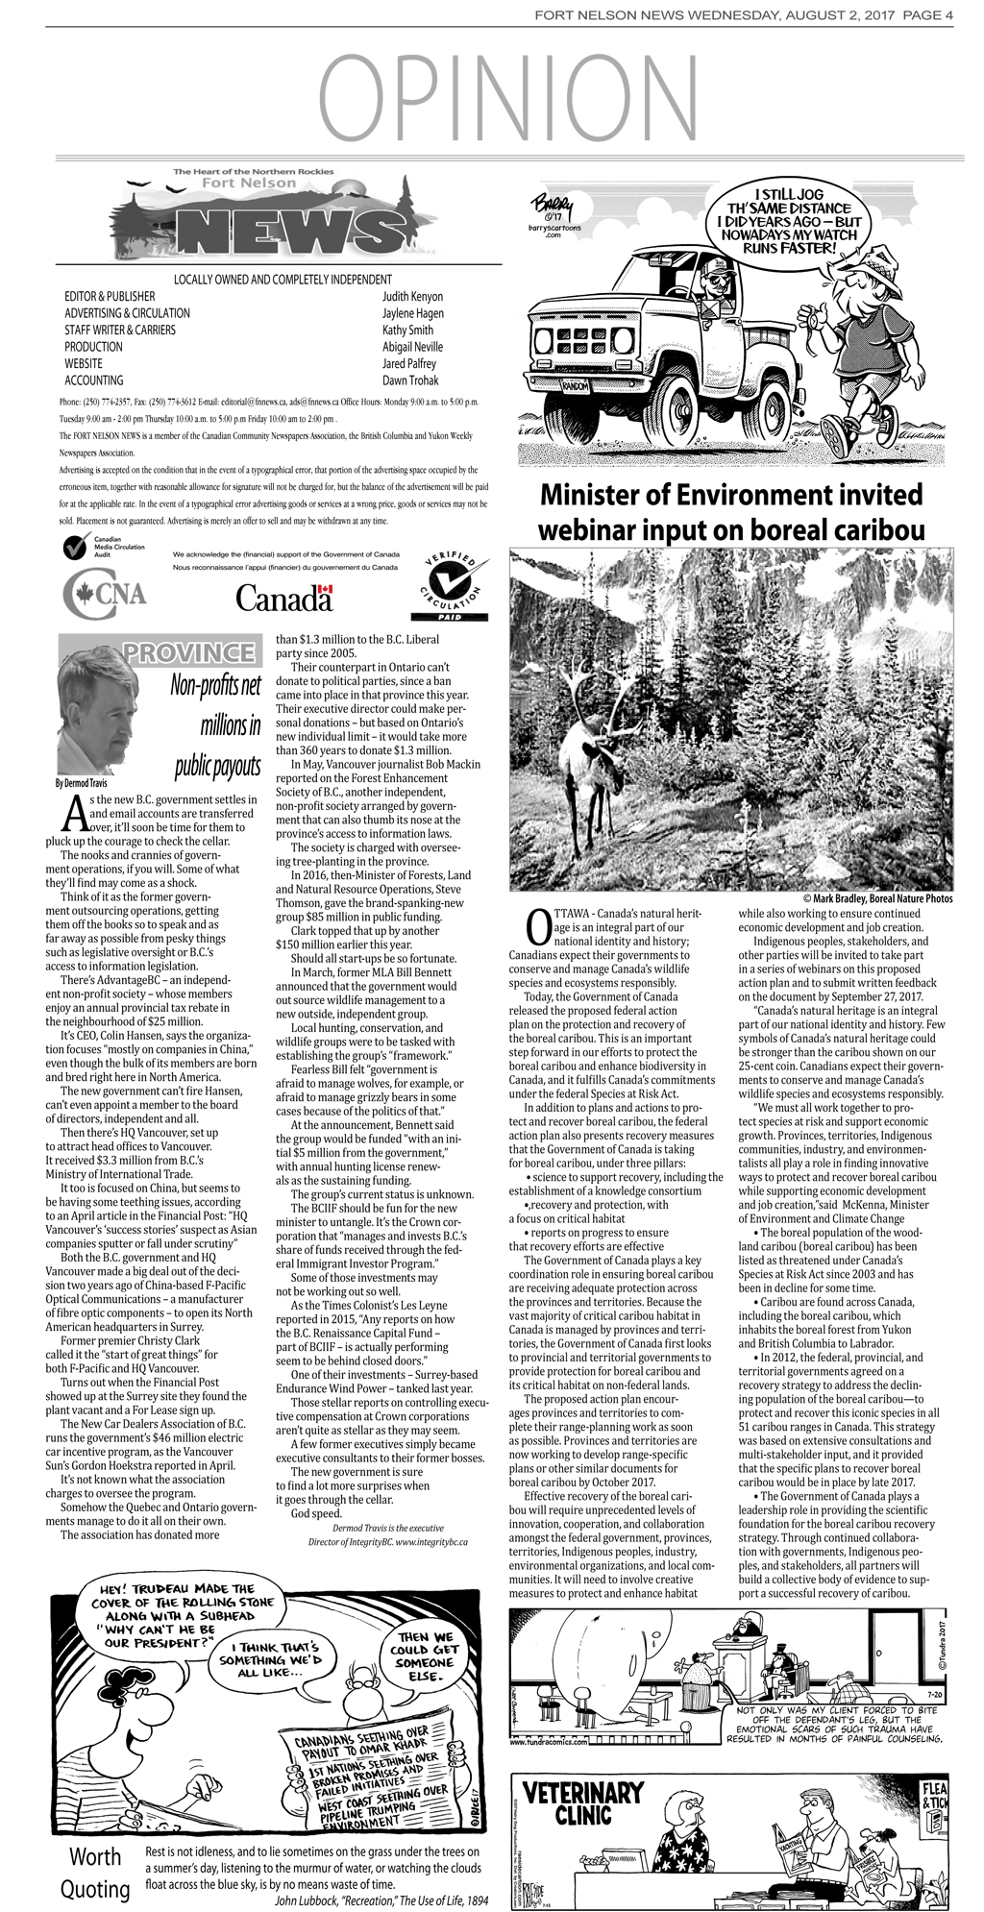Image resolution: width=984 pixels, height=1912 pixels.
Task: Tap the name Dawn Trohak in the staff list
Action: [409, 380]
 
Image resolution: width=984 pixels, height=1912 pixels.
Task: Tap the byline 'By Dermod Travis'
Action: [82, 783]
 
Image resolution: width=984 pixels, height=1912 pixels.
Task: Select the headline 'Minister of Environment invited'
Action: [730, 496]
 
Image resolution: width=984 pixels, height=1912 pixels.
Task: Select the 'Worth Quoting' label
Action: [95, 1873]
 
